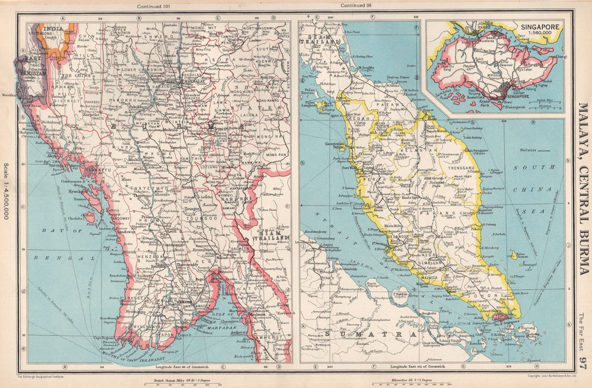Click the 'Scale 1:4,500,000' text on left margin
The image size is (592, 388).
pyautogui.click(x=7, y=191)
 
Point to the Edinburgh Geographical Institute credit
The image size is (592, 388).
pyautogui.click(x=44, y=376)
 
